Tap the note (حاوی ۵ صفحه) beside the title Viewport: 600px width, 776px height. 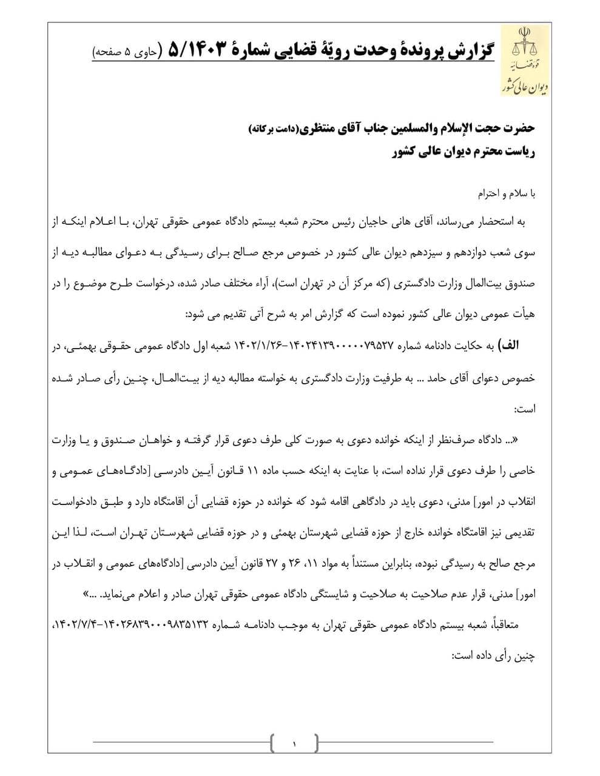point(125,53)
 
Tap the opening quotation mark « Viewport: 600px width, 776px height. point(532,440)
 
